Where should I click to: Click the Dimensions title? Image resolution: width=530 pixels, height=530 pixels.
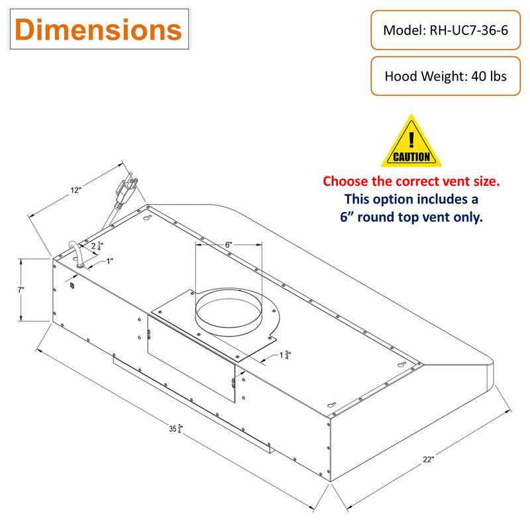(99, 29)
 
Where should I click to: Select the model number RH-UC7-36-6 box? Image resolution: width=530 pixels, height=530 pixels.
(445, 30)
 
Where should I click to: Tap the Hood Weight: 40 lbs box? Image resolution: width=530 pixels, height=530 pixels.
(445, 76)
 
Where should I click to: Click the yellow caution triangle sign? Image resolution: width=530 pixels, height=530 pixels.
(411, 141)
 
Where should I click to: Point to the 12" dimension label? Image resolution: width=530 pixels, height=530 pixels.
(76, 190)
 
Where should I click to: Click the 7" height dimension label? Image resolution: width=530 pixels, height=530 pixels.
(21, 290)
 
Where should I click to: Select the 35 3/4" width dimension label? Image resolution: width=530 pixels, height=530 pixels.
(176, 429)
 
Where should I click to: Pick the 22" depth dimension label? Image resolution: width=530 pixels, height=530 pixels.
(428, 459)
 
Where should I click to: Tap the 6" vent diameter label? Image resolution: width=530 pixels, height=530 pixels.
(229, 244)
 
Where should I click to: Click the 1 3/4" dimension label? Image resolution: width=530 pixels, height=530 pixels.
(285, 355)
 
